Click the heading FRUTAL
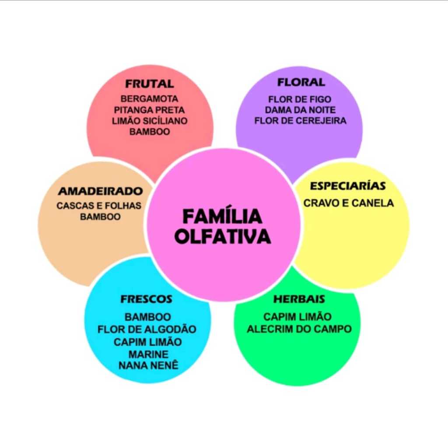tap(150, 84)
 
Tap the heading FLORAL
tap(301, 82)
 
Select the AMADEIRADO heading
tap(100, 191)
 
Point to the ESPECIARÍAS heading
tap(348, 186)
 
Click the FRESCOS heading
tap(146, 299)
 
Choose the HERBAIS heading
tap(299, 299)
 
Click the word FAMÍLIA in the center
tap(222, 216)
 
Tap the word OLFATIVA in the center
tap(222, 236)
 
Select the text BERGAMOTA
tap(150, 99)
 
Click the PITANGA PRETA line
tap(150, 110)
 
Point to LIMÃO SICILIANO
tap(150, 121)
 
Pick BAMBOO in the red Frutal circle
tap(150, 132)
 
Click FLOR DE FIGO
tap(300, 99)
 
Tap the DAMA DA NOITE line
tap(300, 110)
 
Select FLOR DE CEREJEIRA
tap(300, 121)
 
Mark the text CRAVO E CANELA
tap(349, 203)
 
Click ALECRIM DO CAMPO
tap(299, 329)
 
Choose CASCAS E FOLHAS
tap(99, 206)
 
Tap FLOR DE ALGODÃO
tap(147, 329)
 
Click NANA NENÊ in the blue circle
tap(148, 365)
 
